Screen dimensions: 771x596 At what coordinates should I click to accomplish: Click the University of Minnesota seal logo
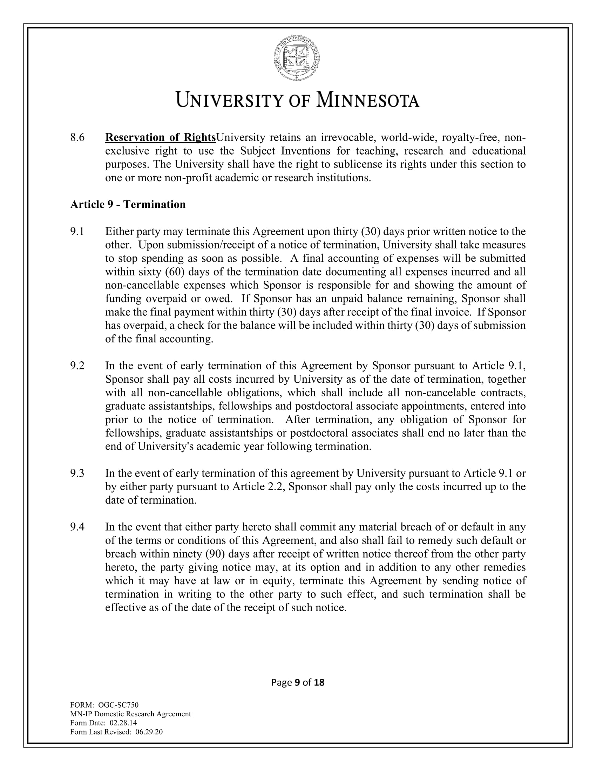coord(297,59)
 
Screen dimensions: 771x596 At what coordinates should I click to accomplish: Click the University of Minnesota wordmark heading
coord(298,100)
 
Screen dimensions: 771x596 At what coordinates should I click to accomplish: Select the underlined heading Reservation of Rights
coord(161,137)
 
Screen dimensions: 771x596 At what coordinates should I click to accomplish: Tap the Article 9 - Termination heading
coord(128,204)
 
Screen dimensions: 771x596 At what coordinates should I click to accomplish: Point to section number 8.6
coord(77,137)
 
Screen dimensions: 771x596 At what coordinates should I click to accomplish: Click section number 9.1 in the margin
coord(77,232)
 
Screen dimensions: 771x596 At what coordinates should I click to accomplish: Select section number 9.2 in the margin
coord(77,366)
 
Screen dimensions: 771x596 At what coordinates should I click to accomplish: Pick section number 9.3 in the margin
coord(77,473)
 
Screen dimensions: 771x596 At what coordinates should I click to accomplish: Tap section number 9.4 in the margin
coord(77,527)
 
